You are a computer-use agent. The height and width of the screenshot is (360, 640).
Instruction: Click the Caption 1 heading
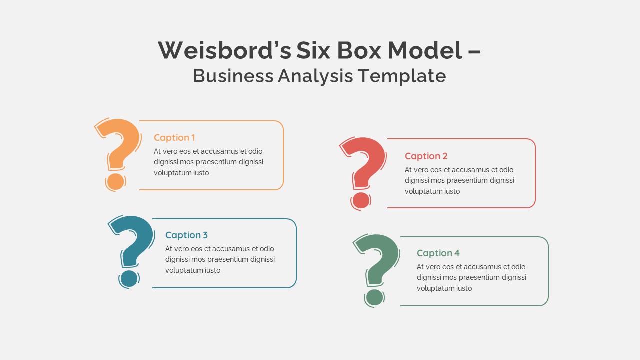(x=174, y=138)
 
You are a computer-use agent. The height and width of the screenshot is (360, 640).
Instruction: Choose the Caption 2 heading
(x=426, y=156)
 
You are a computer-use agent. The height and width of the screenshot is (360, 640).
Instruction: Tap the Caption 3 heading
(x=186, y=235)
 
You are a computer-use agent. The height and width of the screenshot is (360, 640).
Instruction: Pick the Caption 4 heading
(x=438, y=253)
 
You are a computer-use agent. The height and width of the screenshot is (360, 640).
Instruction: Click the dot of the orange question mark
(x=115, y=181)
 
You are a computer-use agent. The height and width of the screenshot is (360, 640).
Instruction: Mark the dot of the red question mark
(x=361, y=200)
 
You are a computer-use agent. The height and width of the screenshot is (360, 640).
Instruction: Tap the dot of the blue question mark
(x=129, y=278)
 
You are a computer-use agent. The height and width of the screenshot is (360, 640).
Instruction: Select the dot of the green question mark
(x=374, y=297)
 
